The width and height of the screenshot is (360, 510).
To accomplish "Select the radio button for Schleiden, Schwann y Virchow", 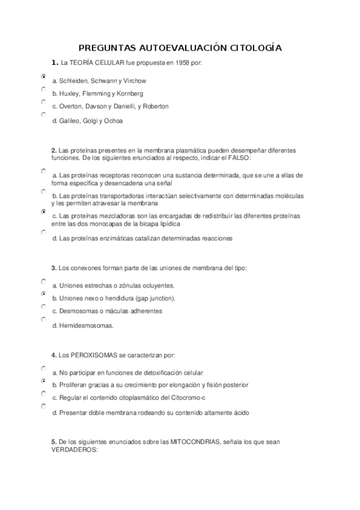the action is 44,77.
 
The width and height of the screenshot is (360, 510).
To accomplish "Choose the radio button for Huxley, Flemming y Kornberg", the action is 44,89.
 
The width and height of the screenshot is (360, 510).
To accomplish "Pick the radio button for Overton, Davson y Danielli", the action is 44,102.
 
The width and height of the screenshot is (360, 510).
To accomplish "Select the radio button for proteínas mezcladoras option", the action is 44,212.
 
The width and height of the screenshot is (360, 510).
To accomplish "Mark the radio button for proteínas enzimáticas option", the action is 44,231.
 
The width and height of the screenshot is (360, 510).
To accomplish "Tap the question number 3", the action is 53,268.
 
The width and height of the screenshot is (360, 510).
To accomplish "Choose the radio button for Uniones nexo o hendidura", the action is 44,293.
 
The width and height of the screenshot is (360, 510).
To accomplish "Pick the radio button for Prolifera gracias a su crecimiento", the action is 44,381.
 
